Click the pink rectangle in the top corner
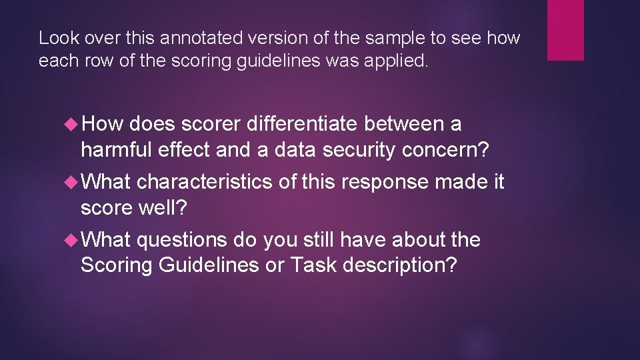pos(565,30)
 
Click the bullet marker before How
pos(71,124)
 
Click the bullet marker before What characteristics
pos(71,182)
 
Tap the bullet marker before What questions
pos(71,239)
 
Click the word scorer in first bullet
pos(211,124)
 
